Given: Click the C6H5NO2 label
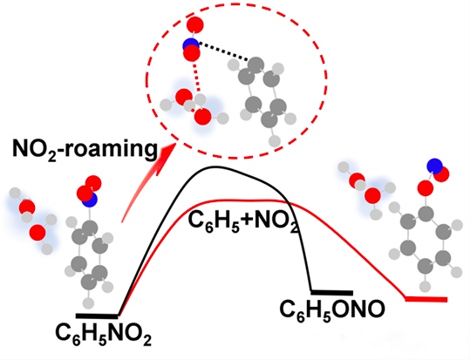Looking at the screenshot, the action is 104,335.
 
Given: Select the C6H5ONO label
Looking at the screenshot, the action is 332,309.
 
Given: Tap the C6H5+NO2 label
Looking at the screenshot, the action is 243,223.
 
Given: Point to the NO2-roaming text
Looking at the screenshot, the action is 85,149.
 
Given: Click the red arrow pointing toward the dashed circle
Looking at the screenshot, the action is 146,183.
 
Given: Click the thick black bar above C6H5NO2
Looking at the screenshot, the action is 97,316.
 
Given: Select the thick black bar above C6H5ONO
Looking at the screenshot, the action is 332,293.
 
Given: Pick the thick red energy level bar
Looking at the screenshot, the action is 426,299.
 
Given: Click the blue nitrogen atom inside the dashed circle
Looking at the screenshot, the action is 190,46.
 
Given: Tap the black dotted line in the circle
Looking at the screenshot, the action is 223,52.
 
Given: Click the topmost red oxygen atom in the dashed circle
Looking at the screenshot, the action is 194,25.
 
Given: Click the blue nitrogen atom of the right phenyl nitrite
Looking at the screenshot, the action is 435,166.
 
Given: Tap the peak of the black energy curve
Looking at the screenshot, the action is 215,166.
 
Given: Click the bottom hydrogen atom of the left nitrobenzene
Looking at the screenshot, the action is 88,302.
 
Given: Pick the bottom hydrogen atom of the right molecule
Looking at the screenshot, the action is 425,286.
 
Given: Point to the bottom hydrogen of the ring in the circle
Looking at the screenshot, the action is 274,141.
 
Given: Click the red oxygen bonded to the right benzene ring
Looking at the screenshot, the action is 426,189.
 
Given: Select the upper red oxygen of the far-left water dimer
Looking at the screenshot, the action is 27,207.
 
